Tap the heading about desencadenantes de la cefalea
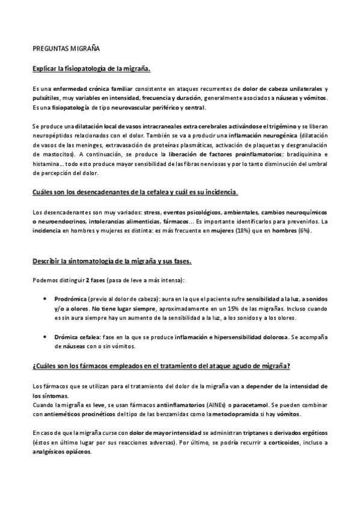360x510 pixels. click(x=135, y=192)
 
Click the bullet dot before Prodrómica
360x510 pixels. click(x=47, y=298)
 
